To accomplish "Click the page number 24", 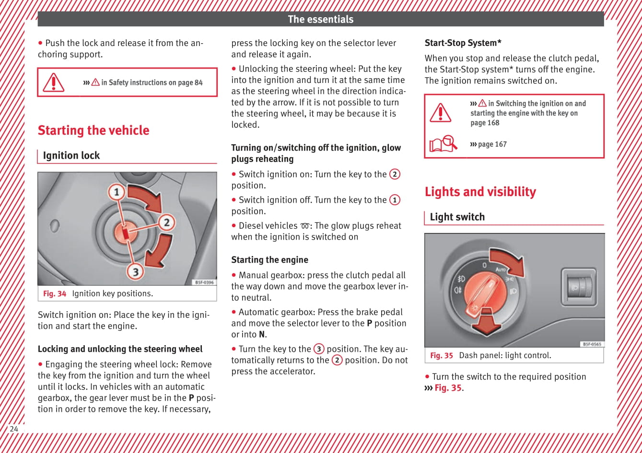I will [14, 429].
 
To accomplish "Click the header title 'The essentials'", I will [320, 19].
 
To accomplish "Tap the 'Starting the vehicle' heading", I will [93, 130].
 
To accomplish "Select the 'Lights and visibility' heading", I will [480, 192].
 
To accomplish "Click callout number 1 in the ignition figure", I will [116, 193].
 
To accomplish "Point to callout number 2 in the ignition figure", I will [166, 222].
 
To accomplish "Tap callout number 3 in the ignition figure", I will [135, 271].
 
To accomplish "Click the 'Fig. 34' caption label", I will [55, 294].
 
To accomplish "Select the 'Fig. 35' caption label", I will [441, 356].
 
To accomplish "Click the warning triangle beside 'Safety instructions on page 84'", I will [53, 82].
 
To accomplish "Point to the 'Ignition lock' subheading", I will [71, 155].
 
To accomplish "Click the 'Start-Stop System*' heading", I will [463, 43].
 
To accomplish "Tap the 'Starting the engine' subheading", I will [269, 260].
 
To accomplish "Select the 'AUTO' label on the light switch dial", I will [501, 269].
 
